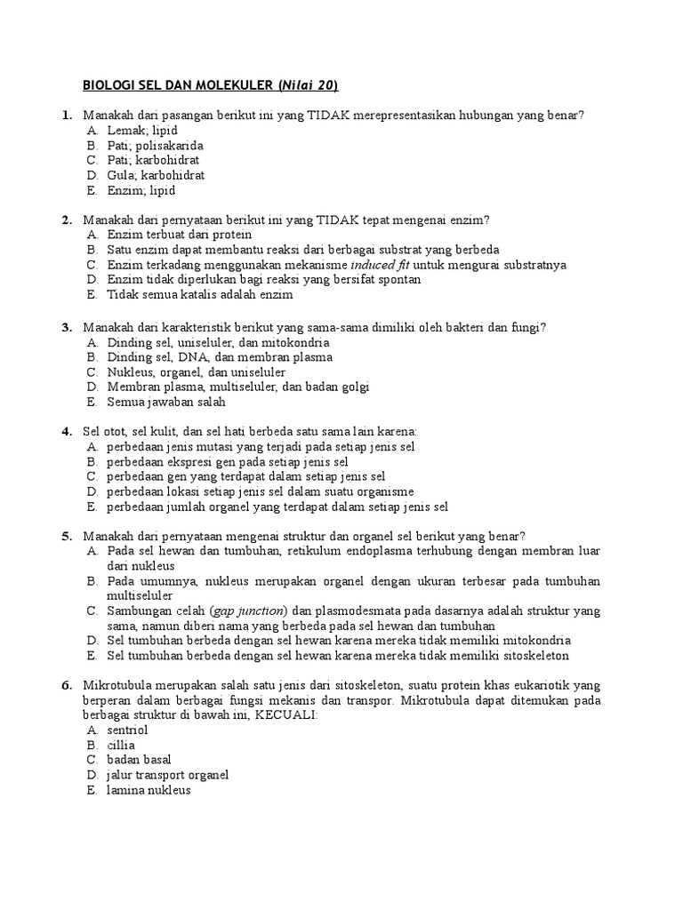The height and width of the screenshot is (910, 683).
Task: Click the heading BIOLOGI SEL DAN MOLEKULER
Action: pyautogui.click(x=178, y=85)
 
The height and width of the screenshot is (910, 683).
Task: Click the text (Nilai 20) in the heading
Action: pyautogui.click(x=309, y=85)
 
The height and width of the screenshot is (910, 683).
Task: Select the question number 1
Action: pyautogui.click(x=67, y=116)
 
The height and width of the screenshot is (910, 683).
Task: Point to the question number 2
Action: pyautogui.click(x=67, y=220)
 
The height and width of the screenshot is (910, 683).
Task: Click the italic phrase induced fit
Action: pyautogui.click(x=382, y=265)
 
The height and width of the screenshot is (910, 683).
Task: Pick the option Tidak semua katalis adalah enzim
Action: pyautogui.click(x=199, y=294)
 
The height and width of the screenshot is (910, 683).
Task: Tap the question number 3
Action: pyautogui.click(x=67, y=327)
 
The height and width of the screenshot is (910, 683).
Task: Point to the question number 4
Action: pyautogui.click(x=67, y=432)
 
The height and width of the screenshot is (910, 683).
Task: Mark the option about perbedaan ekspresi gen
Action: pyautogui.click(x=228, y=462)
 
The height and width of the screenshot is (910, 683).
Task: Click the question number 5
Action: pyautogui.click(x=67, y=536)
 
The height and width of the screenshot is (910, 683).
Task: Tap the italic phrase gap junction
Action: pyautogui.click(x=248, y=611)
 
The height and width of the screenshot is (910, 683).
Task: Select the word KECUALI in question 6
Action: pyautogui.click(x=285, y=714)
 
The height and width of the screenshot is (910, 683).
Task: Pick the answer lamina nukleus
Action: pyautogui.click(x=149, y=790)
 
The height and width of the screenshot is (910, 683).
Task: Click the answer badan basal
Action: pyautogui.click(x=139, y=760)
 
